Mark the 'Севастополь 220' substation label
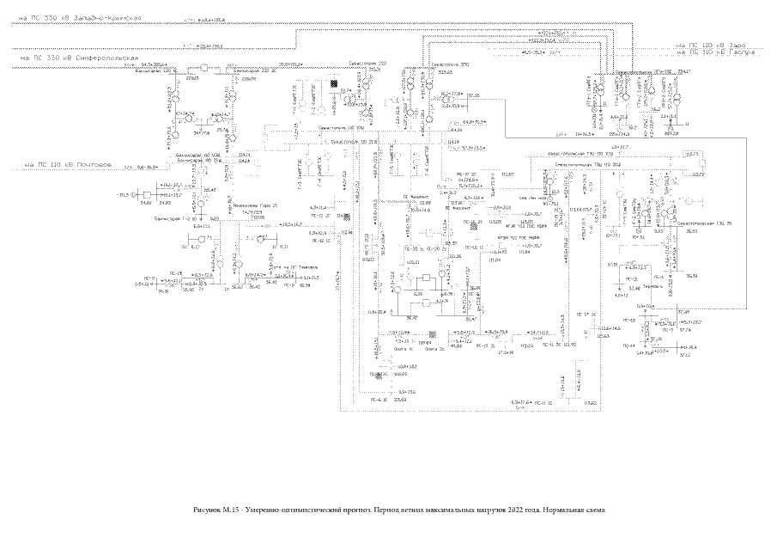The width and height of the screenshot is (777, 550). click(368, 64)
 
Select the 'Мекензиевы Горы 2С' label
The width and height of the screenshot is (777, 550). click(252, 206)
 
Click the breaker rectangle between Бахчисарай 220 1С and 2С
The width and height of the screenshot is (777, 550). click(204, 67)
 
